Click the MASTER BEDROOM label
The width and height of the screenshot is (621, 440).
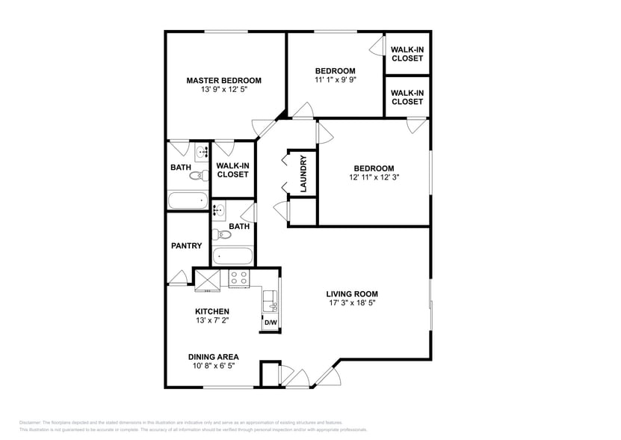click(x=223, y=80)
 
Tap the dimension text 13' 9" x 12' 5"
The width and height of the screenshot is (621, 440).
click(x=223, y=89)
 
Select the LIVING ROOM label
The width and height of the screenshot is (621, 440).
click(x=351, y=294)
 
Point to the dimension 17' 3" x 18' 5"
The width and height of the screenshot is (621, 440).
click(x=351, y=303)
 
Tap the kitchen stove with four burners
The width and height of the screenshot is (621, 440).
click(x=238, y=278)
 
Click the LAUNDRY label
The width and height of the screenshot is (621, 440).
click(x=303, y=174)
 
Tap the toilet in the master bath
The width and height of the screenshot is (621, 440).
click(x=197, y=177)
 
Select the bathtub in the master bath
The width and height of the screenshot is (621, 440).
click(x=188, y=201)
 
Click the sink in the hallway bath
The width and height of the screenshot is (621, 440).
click(x=220, y=210)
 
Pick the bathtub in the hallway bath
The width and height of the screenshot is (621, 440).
click(x=234, y=256)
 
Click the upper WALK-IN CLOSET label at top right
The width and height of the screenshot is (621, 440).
click(x=407, y=54)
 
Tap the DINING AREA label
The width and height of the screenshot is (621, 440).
click(x=213, y=357)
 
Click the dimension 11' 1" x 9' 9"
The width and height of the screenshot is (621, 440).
click(x=335, y=79)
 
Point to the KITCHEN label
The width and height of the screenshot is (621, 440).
click(x=212, y=311)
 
